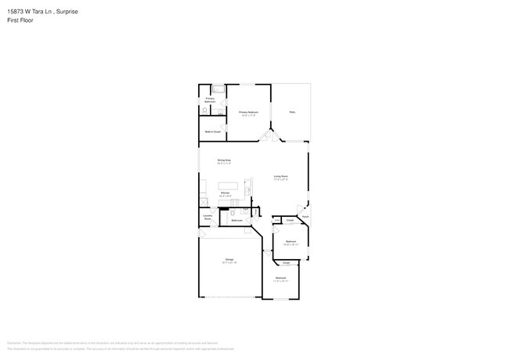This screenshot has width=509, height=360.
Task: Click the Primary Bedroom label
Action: [x=249, y=113]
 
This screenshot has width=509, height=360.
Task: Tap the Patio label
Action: [x=291, y=112]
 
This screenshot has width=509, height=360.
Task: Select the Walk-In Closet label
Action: [x=212, y=131]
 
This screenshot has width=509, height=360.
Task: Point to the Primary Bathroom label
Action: [x=210, y=99]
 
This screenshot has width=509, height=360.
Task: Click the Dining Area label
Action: [x=224, y=161]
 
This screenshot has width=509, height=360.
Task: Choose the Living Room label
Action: [x=281, y=177]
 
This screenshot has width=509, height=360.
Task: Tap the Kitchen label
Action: [x=224, y=192]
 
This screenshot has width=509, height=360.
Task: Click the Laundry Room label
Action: [x=208, y=217]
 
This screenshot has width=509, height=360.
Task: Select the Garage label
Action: [x=229, y=260]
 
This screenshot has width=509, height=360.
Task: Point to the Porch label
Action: [x=305, y=216]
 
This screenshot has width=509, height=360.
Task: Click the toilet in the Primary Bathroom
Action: [x=204, y=111]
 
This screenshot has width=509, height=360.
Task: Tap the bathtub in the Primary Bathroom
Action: [x=218, y=89]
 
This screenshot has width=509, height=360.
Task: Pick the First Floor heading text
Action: [x=20, y=20]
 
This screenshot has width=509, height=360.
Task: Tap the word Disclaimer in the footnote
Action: [x=13, y=343]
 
